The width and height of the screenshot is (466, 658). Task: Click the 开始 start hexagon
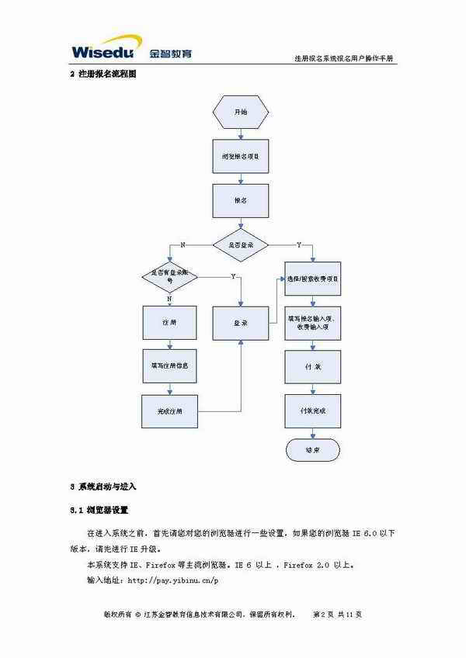point(241,112)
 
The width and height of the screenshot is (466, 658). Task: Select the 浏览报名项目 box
point(241,156)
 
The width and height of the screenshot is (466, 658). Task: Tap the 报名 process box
point(241,200)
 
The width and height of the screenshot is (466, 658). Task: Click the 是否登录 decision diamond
point(241,244)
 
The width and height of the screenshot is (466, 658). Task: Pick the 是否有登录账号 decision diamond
point(169,275)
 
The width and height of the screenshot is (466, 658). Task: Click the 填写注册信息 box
point(169,365)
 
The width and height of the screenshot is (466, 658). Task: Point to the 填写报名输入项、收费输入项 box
point(312,322)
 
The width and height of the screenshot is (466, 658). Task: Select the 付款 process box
point(312,365)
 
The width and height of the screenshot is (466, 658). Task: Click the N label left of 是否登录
point(183,244)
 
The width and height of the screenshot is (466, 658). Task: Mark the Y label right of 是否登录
point(299,244)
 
